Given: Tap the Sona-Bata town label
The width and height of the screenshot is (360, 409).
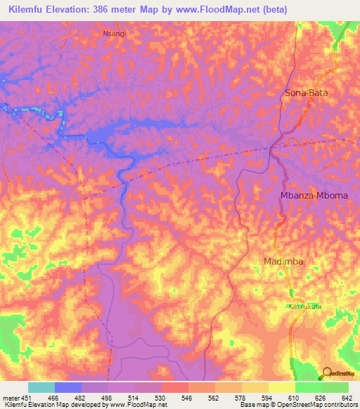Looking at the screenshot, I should pos(306,93).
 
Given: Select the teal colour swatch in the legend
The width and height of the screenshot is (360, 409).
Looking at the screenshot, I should pos(41,387).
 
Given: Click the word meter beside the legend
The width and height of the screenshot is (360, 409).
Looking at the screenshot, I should pos(8,397).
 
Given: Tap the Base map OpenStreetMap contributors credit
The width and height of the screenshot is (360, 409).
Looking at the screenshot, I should pos(299,405).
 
